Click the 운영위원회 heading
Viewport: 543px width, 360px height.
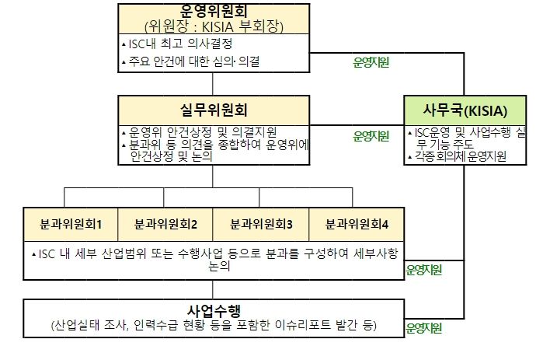(x=214, y=11)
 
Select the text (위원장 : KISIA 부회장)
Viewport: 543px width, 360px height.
(x=214, y=26)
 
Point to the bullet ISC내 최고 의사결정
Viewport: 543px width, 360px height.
(x=177, y=44)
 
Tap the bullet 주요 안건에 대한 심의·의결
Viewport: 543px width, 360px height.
(x=190, y=61)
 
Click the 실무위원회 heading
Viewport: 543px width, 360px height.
(x=214, y=110)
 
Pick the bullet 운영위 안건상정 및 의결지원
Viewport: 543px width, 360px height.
(x=199, y=132)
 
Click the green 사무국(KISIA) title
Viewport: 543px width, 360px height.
(x=465, y=110)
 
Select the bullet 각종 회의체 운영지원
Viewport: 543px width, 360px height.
(x=457, y=156)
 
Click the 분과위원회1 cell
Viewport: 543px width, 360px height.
(x=71, y=224)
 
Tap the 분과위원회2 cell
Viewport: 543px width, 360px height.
(x=165, y=224)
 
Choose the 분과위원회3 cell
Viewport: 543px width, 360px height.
(x=260, y=224)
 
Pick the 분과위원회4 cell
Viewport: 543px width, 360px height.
(x=357, y=224)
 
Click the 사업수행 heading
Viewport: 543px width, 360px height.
(x=214, y=310)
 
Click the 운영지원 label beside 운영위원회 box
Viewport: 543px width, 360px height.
(x=371, y=62)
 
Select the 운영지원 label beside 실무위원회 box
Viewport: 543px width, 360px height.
(x=371, y=136)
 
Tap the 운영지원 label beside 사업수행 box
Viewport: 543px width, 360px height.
(x=423, y=328)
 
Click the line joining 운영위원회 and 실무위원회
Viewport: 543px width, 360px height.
(x=213, y=84)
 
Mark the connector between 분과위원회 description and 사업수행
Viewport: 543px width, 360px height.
(x=213, y=290)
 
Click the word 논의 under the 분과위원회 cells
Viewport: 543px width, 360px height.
(x=220, y=266)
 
